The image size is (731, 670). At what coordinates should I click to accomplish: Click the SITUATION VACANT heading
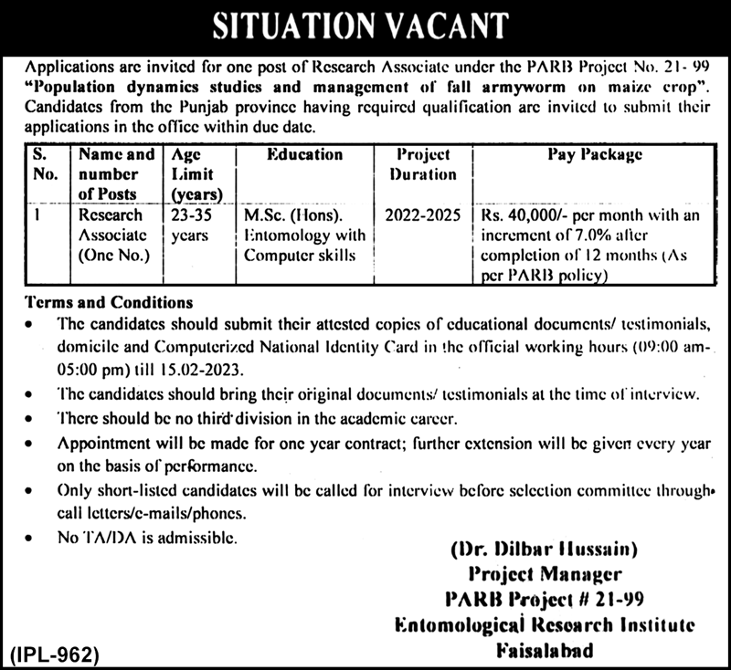[365, 26]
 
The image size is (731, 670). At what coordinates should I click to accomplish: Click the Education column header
[304, 155]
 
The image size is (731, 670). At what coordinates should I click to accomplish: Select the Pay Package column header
[594, 155]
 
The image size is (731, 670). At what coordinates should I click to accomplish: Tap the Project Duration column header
[420, 164]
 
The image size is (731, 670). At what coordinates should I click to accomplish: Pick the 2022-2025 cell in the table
[420, 215]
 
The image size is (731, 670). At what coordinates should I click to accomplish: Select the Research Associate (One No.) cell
[111, 235]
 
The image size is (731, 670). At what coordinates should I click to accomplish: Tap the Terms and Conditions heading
[110, 302]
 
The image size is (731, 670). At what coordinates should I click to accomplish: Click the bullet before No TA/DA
[33, 539]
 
